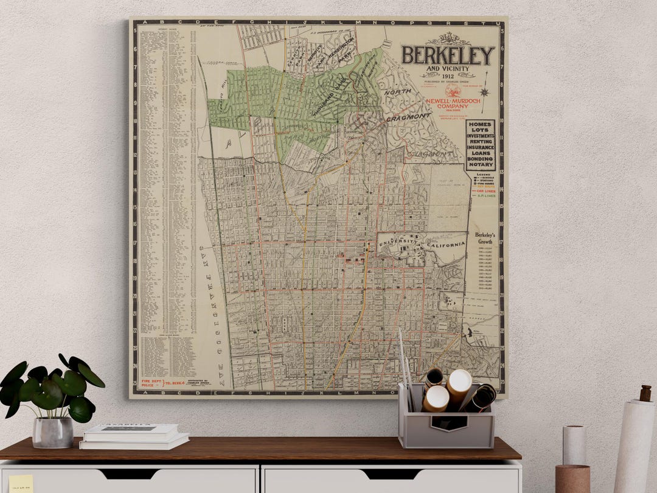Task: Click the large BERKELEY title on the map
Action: (447, 55)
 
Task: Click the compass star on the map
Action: (484, 93)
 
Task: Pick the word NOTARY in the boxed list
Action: (480, 165)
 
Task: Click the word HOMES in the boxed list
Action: (480, 124)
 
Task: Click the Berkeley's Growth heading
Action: (485, 238)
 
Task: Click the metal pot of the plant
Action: (53, 432)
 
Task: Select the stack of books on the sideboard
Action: (134, 436)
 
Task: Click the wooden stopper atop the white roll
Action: (645, 393)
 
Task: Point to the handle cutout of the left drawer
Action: (129, 473)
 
